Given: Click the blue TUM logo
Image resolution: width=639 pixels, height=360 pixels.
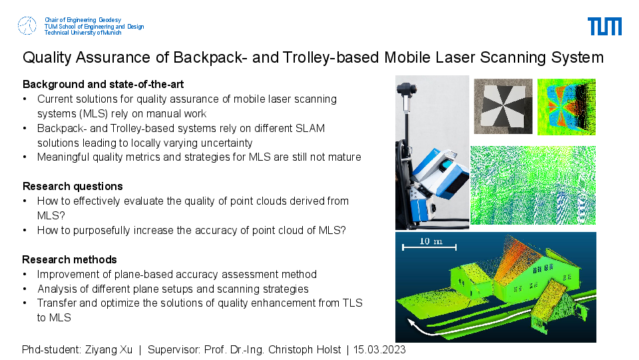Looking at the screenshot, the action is pyautogui.click(x=604, y=26).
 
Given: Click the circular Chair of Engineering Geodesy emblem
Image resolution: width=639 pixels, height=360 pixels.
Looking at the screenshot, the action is pyautogui.click(x=27, y=26).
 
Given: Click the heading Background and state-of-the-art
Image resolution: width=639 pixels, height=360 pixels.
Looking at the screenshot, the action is pyautogui.click(x=103, y=85).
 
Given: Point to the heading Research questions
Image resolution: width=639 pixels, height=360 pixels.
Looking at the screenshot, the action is pyautogui.click(x=73, y=187).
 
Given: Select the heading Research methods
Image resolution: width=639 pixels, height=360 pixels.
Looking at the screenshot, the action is pyautogui.click(x=69, y=259).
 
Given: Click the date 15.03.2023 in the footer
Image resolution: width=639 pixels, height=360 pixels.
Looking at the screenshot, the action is pyautogui.click(x=379, y=350).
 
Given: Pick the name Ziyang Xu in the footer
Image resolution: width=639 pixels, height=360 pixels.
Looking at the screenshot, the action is pyautogui.click(x=108, y=350).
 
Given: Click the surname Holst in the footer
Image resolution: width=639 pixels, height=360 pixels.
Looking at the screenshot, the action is pyautogui.click(x=328, y=350).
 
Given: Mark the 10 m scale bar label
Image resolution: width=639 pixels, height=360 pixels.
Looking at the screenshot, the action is pyautogui.click(x=431, y=241).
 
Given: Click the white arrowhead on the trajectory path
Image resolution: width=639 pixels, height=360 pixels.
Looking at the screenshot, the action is pyautogui.click(x=412, y=324).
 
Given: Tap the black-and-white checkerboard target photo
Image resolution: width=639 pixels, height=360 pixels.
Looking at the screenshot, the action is pyautogui.click(x=503, y=106).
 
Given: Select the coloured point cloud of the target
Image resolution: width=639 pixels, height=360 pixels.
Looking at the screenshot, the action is pyautogui.click(x=566, y=107).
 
